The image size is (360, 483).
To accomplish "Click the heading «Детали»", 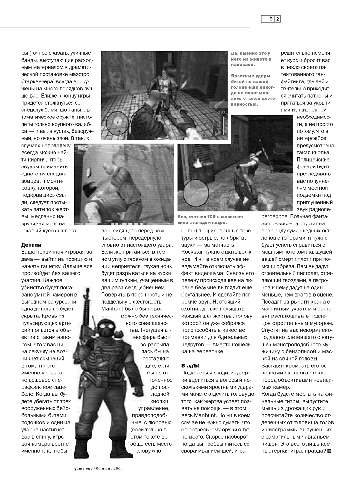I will point(31,245).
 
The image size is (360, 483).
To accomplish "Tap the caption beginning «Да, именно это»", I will point(251,59).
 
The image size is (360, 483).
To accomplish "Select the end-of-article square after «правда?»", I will point(329,450).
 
